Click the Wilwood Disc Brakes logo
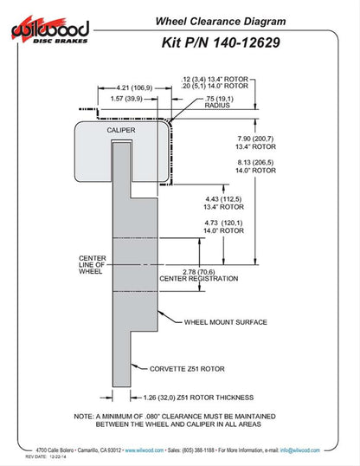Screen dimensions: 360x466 pos(50,29)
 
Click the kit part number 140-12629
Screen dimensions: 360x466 pos(247,42)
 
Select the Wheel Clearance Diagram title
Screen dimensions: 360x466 pos(221,22)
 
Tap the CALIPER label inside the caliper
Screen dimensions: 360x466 pos(121,130)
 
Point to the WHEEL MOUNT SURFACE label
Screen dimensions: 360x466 pos(226,322)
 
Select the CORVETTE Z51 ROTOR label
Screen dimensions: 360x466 pos(187,369)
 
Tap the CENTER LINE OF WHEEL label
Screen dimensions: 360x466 pos(93,265)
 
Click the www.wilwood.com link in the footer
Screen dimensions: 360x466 pos(144,450)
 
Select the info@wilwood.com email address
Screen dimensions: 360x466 pos(300,450)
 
